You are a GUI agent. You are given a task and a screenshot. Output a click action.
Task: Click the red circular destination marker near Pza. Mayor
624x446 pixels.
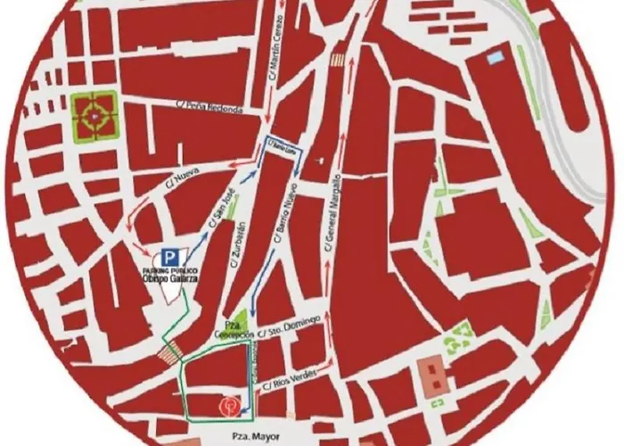[229, 405]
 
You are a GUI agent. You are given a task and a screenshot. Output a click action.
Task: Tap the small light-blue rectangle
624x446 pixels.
[495, 59]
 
